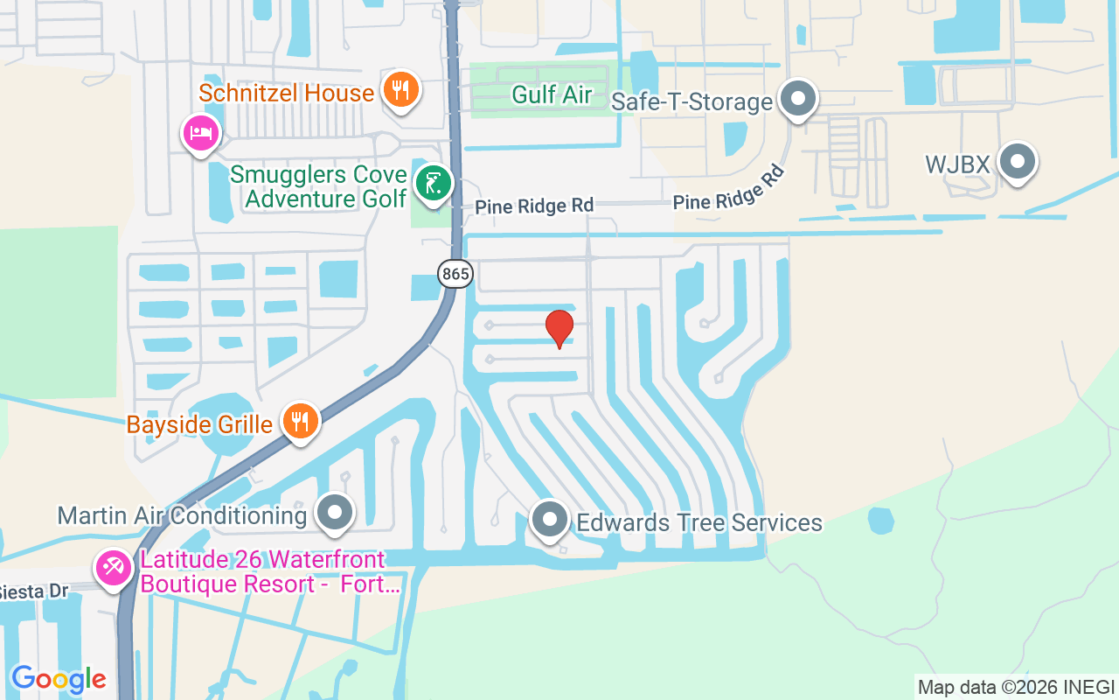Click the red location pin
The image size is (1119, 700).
click(x=559, y=328)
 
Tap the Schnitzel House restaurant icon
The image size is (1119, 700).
click(x=400, y=89)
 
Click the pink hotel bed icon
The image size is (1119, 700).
click(x=201, y=134)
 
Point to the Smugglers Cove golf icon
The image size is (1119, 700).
click(x=433, y=184)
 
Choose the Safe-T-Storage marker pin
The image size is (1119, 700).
click(x=797, y=99)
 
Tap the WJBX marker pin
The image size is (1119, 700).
click(x=1017, y=162)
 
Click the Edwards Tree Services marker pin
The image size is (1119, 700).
click(x=550, y=520)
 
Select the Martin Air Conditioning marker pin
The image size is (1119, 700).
click(x=334, y=514)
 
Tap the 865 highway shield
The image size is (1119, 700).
click(x=455, y=274)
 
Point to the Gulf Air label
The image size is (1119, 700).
click(x=552, y=94)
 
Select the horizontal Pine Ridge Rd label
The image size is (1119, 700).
click(x=534, y=206)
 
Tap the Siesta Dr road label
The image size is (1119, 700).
click(x=33, y=591)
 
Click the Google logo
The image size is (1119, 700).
click(x=59, y=679)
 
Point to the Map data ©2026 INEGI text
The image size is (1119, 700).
click(x=1016, y=687)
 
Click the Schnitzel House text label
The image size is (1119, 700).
click(x=286, y=93)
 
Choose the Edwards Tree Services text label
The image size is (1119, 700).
click(x=699, y=523)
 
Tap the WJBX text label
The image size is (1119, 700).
click(x=956, y=164)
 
